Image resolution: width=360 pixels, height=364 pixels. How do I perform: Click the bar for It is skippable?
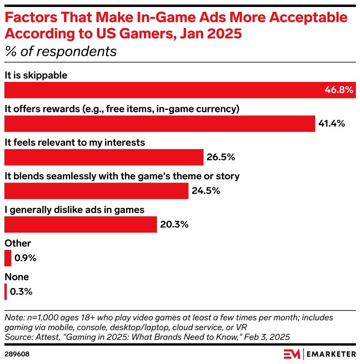pyautogui.click(x=180, y=90)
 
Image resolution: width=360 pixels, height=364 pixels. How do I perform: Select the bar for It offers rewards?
pyautogui.click(x=160, y=123)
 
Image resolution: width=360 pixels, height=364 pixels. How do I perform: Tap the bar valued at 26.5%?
pyautogui.click(x=104, y=157)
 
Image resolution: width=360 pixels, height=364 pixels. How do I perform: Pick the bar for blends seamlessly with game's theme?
pyautogui.click(x=96, y=191)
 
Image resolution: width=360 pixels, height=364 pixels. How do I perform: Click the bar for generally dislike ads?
pyautogui.click(x=80, y=224)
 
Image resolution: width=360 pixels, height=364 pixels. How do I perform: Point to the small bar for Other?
pyautogui.click(x=8, y=258)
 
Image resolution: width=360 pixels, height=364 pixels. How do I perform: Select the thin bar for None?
pyautogui.click(x=6, y=292)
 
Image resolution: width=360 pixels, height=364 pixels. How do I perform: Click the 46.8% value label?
pyautogui.click(x=339, y=90)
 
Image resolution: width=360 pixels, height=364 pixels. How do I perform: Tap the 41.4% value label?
pyautogui.click(x=332, y=123)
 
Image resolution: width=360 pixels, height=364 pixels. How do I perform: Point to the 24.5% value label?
pyautogui.click(x=206, y=191)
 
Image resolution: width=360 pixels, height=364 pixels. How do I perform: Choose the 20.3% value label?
pyautogui.click(x=174, y=224)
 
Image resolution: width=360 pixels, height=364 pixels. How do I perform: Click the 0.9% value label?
pyautogui.click(x=26, y=258)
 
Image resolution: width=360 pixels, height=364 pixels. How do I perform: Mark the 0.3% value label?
pyautogui.click(x=21, y=292)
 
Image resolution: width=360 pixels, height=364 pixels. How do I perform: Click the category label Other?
pyautogui.click(x=18, y=243)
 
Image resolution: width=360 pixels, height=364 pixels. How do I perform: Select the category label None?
pyautogui.click(x=17, y=277)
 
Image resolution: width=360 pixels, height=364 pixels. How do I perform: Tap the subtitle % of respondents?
pyautogui.click(x=61, y=51)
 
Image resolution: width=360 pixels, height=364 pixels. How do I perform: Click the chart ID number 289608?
pyautogui.click(x=17, y=354)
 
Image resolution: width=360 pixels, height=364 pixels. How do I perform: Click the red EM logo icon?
pyautogui.click(x=292, y=354)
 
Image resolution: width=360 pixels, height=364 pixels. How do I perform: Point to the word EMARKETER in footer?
pyautogui.click(x=331, y=354)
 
